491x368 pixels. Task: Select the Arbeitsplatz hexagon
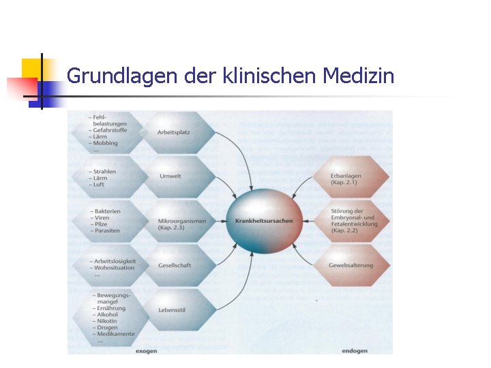coord(173,132)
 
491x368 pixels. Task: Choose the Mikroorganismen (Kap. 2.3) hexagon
coord(179,224)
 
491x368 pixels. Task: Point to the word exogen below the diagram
coord(146,351)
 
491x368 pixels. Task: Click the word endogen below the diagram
coord(355,351)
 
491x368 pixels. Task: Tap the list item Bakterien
coord(108,211)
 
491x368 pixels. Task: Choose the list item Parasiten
coord(107,230)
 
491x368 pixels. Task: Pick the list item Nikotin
coord(107,321)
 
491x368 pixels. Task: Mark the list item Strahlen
coord(106,172)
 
